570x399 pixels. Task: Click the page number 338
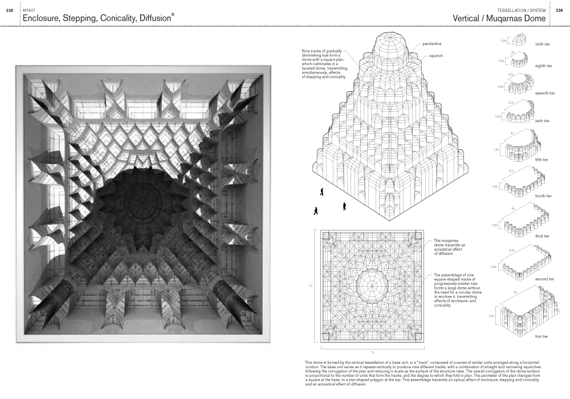(x=9, y=10)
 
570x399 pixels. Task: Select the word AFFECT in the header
(x=27, y=10)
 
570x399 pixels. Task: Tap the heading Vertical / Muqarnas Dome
(x=499, y=19)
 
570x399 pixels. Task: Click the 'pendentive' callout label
(x=433, y=44)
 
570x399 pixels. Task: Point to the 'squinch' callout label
(x=435, y=56)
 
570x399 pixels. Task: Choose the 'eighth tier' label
(x=544, y=66)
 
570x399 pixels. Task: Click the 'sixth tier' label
(x=543, y=121)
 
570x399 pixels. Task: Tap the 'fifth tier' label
(x=542, y=160)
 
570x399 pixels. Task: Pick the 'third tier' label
(x=543, y=236)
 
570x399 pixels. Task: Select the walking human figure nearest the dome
(x=323, y=192)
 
